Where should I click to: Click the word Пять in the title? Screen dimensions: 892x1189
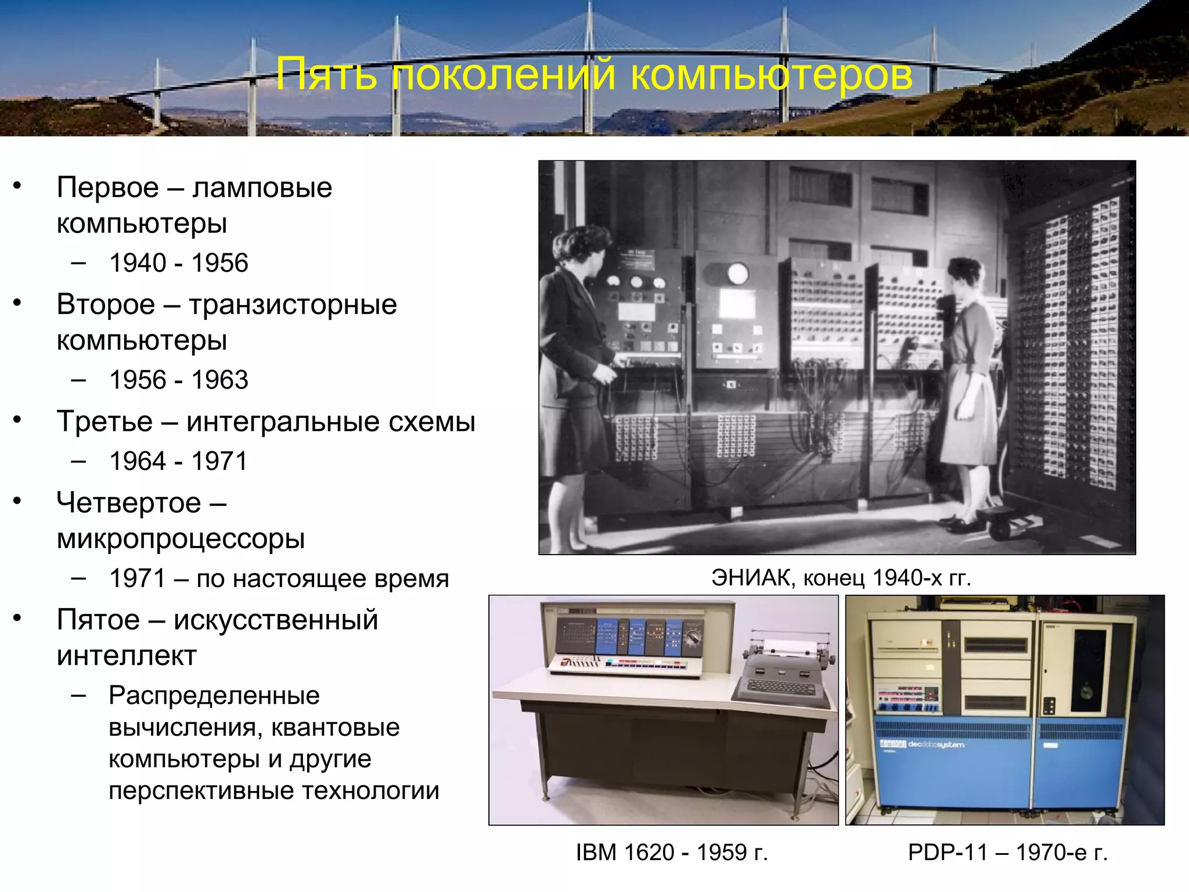point(326,74)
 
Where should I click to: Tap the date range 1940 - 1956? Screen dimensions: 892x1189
point(178,263)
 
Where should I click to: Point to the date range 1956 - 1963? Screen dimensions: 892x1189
point(178,380)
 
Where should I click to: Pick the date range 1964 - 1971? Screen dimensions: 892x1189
point(178,462)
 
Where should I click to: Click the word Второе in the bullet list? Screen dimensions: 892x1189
point(106,305)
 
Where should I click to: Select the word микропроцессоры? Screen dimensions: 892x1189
point(180,539)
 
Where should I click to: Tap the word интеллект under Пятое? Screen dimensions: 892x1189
point(127,656)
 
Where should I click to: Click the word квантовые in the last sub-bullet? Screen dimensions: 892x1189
point(335,727)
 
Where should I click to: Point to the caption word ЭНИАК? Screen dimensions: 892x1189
point(752,578)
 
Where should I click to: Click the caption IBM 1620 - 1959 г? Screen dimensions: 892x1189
point(672,853)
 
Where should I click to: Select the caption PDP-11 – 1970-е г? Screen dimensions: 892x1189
point(1008,853)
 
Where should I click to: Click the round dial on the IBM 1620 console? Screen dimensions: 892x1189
point(692,637)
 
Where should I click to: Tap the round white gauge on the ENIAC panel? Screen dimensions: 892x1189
point(737,273)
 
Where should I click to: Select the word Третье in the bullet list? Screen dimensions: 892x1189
point(105,422)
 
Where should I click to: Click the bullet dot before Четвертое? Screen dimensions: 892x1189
point(17,501)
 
